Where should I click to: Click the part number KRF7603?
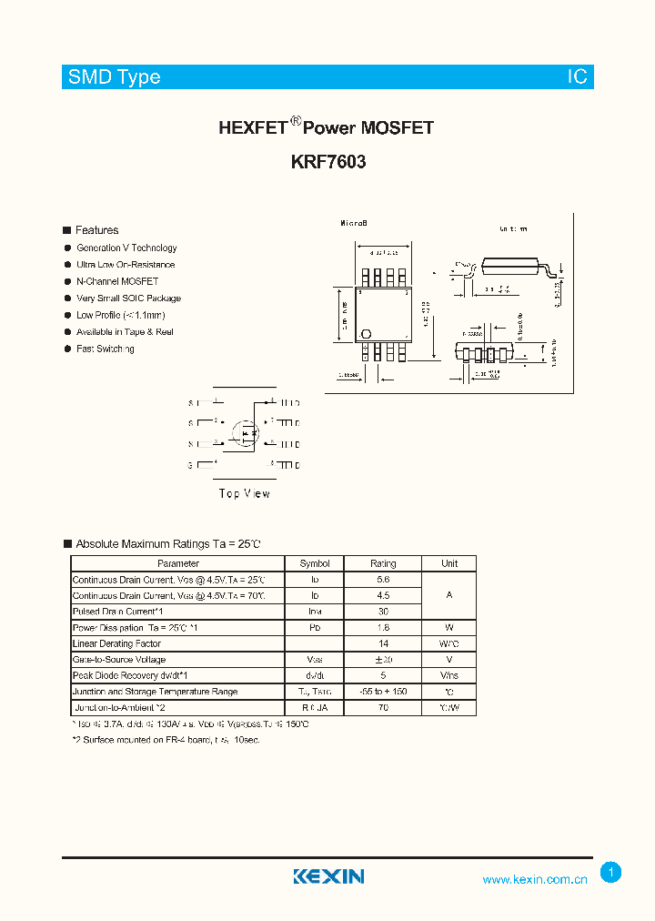tap(328, 163)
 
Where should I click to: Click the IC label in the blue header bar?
tap(578, 77)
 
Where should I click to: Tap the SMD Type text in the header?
tap(114, 77)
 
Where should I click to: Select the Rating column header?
tap(383, 564)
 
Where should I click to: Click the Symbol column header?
tap(315, 564)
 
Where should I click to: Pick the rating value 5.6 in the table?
tap(383, 580)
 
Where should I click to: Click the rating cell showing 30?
tap(383, 612)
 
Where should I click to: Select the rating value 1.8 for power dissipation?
tap(383, 628)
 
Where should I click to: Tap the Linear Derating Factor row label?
tap(116, 643)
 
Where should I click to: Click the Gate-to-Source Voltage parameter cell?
tap(118, 660)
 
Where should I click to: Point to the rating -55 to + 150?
tap(383, 692)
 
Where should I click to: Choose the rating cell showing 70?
tap(383, 707)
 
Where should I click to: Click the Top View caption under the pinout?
tap(244, 493)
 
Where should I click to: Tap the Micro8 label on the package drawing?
tap(353, 224)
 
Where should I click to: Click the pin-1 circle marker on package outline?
tap(367, 333)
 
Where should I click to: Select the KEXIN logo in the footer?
tap(328, 876)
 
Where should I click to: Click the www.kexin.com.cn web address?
tap(535, 879)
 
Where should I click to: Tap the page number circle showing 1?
tap(611, 873)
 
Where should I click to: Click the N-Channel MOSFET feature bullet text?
tap(117, 281)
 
